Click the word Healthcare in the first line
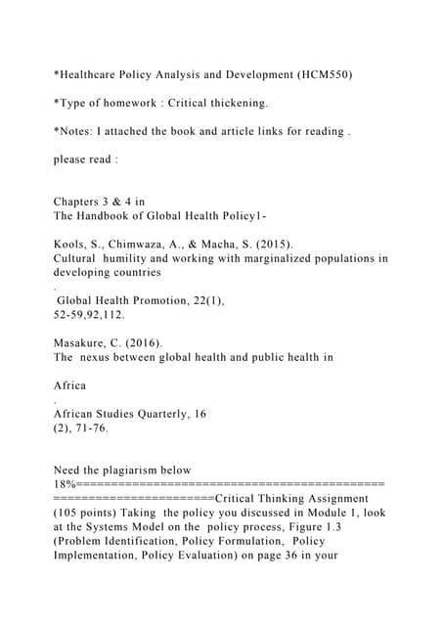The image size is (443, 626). click(94, 72)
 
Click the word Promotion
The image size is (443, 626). click(179, 301)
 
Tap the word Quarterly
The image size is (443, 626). click(168, 414)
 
